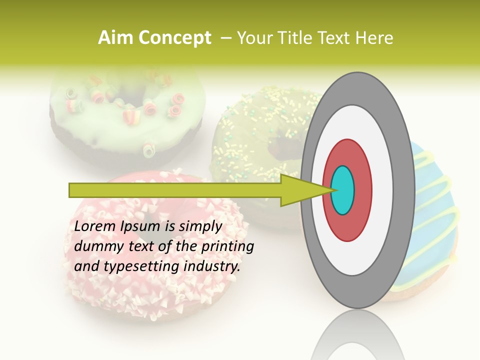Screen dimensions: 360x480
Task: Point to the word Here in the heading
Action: tap(375, 38)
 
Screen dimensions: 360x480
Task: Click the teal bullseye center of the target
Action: tap(343, 190)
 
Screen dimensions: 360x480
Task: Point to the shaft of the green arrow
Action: tap(175, 190)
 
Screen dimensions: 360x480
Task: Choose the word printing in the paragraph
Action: tap(227, 247)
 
